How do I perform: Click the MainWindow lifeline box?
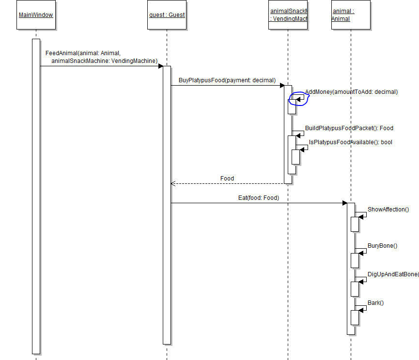click(36, 15)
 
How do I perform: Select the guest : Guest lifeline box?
click(167, 15)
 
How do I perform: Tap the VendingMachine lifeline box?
click(288, 15)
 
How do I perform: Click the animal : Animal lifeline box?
click(351, 15)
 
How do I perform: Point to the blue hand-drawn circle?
click(298, 99)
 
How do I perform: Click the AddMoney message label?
click(351, 92)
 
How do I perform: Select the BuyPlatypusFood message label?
click(227, 80)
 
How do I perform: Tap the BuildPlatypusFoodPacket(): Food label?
click(349, 128)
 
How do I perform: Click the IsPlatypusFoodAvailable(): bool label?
click(350, 142)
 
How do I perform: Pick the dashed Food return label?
click(227, 179)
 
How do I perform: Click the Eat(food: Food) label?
click(259, 198)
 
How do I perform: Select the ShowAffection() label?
click(388, 210)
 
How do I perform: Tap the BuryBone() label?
click(382, 246)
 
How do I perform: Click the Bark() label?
click(375, 303)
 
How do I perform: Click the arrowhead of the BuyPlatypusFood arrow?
click(282, 86)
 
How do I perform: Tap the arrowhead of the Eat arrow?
click(344, 203)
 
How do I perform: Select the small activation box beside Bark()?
click(355, 317)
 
